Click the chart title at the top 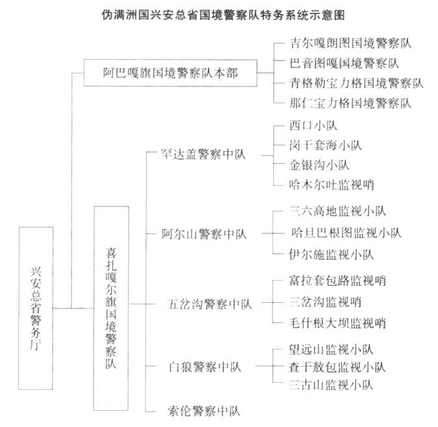pos(219,13)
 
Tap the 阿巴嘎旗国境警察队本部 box pos(170,73)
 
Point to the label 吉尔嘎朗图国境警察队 pos(350,44)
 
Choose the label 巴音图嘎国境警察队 pos(344,63)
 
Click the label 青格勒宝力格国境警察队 pos(356,83)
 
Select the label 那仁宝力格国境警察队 pos(350,103)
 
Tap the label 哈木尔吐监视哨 pos(331,185)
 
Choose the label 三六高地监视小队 pos(337,211)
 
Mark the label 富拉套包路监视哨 pos(337,281)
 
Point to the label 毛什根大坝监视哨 pos(337,323)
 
